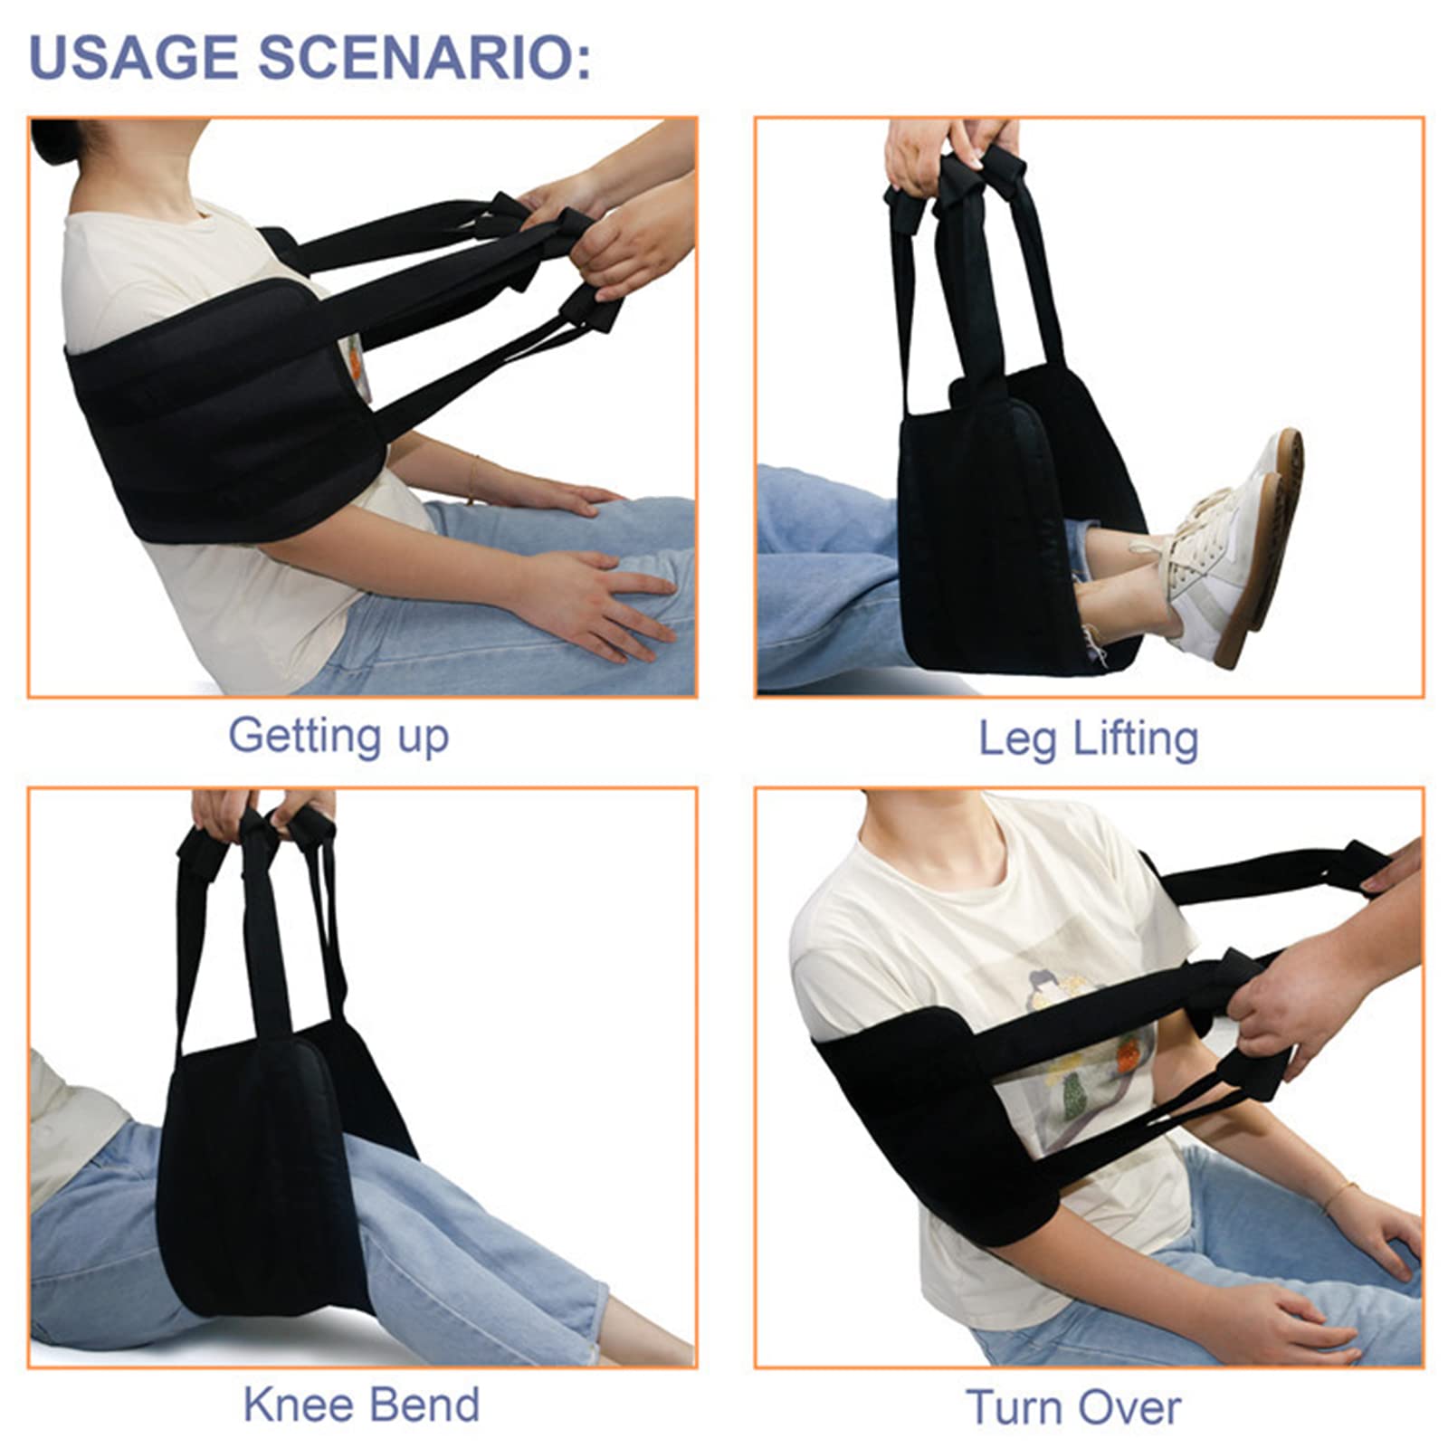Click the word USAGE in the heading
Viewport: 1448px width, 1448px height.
tap(134, 57)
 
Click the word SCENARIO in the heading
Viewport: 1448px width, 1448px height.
tap(424, 57)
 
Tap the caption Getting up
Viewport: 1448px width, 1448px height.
tap(338, 736)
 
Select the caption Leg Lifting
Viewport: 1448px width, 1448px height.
tap(1089, 738)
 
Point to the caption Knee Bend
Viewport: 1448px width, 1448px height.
tap(361, 1405)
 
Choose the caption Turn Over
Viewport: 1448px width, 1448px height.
tap(1073, 1407)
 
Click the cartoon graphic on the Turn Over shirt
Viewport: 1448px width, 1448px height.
tap(1086, 1059)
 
